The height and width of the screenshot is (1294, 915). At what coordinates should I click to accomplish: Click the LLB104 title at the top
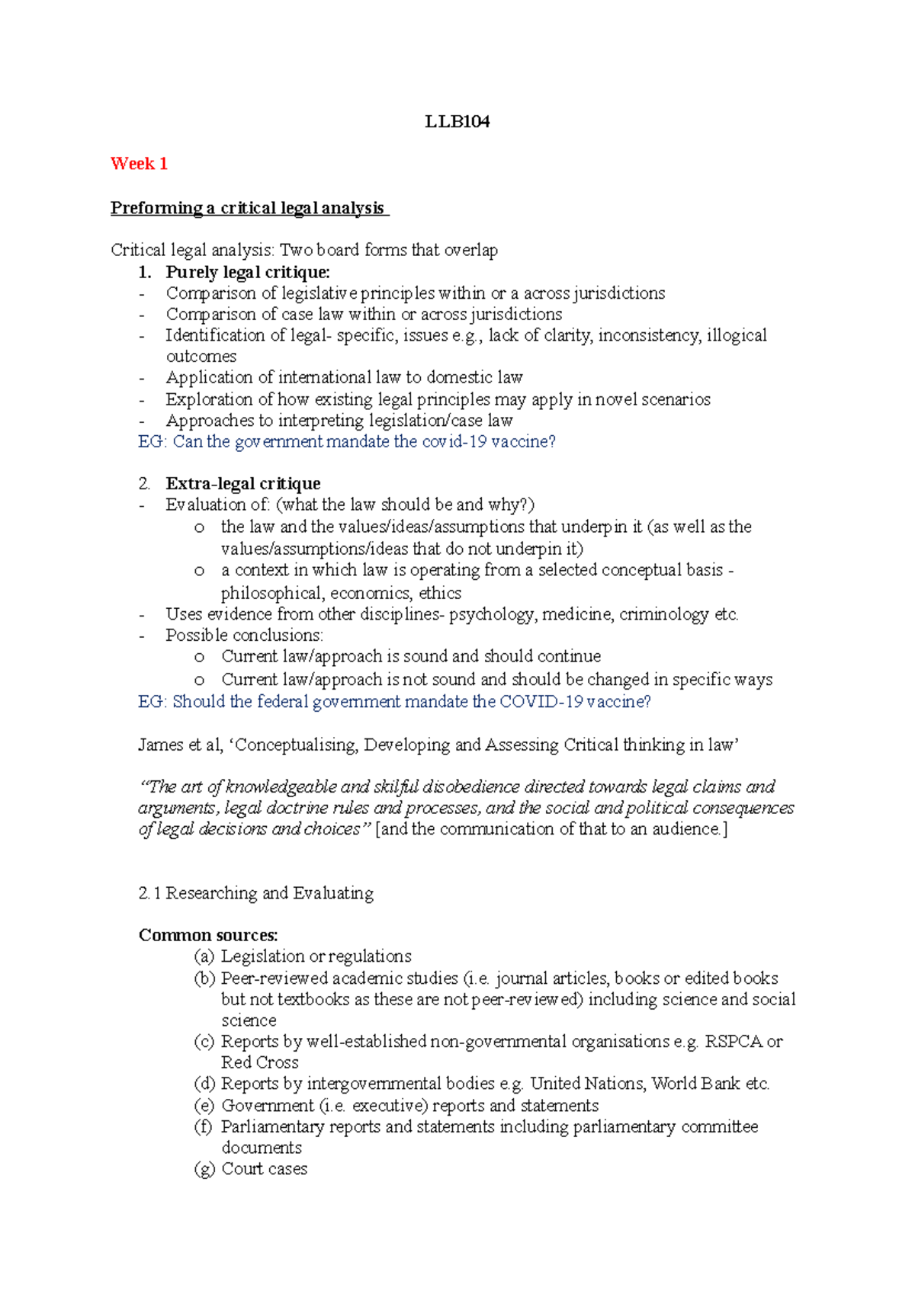tap(457, 122)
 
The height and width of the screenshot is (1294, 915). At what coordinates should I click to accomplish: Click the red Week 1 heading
tap(139, 164)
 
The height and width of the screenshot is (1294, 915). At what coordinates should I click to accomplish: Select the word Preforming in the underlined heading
tap(156, 208)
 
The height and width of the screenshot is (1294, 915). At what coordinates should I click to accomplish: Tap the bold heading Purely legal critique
tap(248, 272)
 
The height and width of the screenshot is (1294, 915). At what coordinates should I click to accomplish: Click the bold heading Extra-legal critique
tap(243, 484)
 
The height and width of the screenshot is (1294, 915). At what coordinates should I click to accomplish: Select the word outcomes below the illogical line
tap(201, 357)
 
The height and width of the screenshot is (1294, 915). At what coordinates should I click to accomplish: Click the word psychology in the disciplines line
tap(492, 614)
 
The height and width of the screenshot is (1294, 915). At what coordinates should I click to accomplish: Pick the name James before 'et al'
tap(160, 745)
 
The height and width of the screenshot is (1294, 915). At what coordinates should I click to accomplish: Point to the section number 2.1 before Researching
tap(149, 893)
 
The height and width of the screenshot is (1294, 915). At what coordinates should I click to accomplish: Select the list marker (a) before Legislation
tap(205, 956)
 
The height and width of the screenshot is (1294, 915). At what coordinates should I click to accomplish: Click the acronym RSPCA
tap(733, 1042)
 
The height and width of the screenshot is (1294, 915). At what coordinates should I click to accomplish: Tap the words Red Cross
tap(260, 1063)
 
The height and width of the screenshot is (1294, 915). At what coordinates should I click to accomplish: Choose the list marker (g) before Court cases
tap(205, 1169)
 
